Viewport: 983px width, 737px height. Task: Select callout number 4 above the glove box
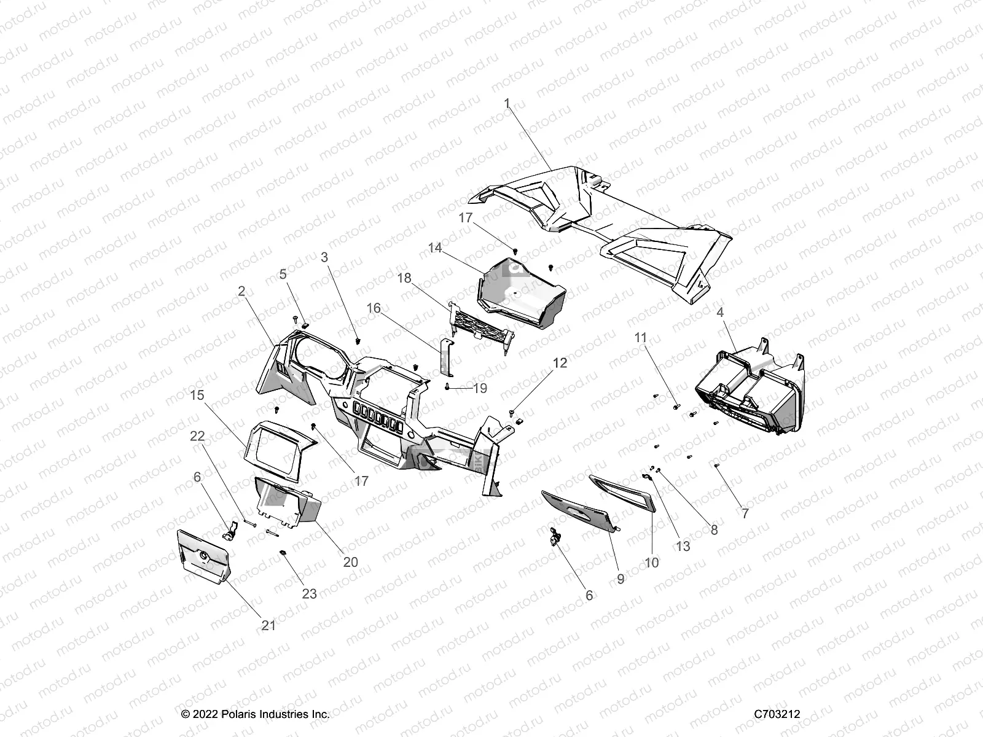[720, 313]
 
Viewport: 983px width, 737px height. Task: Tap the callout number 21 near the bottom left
[268, 625]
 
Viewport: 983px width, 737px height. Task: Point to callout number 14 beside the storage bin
[435, 248]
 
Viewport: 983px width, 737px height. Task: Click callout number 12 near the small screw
[560, 363]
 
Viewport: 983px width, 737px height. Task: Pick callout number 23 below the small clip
[309, 594]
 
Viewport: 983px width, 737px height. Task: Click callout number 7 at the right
[745, 513]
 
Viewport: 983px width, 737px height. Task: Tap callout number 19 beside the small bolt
[480, 388]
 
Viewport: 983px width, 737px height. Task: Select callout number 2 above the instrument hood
[241, 291]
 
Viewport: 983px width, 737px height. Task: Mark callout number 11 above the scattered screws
[641, 338]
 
